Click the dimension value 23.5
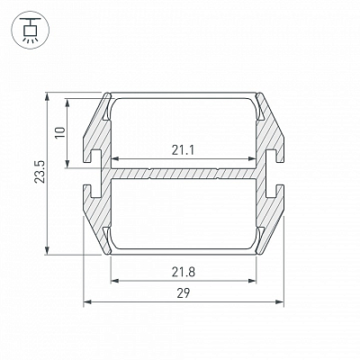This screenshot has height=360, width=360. pos(40,172)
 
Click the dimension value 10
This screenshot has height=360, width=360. pos(60,132)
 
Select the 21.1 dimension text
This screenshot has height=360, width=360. pos(183,150)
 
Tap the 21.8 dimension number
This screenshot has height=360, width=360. pos(184,272)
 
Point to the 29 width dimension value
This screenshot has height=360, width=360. pos(184,293)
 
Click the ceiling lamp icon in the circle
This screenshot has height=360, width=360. pos(31,30)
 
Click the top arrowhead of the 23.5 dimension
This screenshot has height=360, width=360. pos(47,97)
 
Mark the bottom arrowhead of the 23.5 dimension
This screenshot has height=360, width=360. pos(47,250)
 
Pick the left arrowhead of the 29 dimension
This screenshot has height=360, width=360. pos(87,301)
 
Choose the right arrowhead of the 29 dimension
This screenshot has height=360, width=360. pos(279,301)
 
